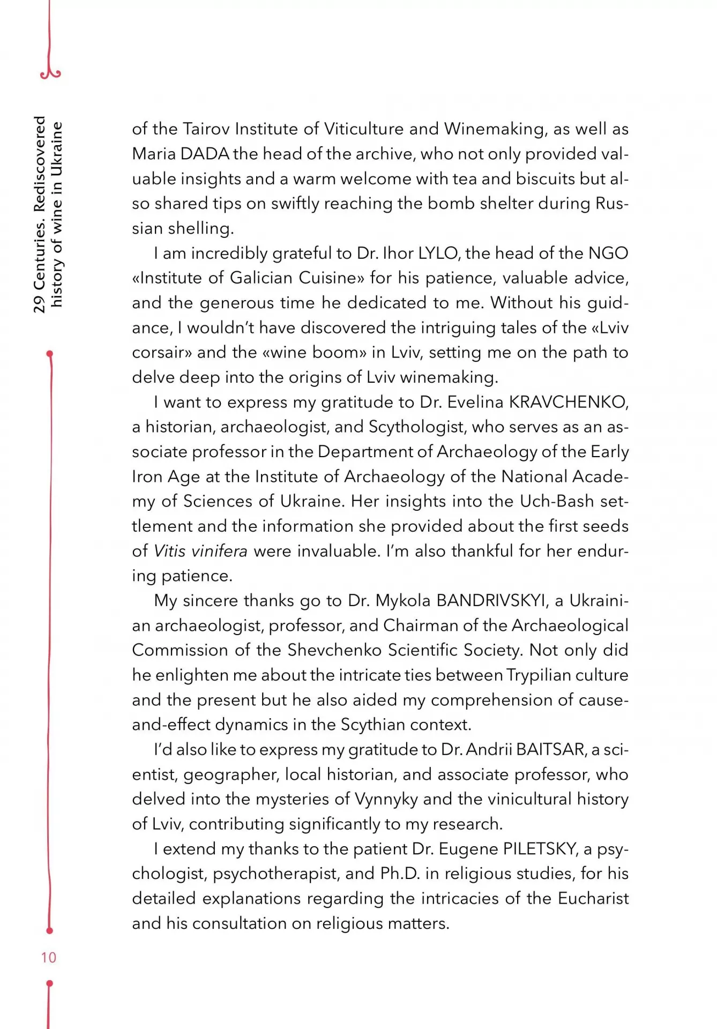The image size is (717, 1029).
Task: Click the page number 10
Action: point(48,957)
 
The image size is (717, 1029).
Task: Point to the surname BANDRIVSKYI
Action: point(491,600)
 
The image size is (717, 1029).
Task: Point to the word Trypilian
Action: point(537,675)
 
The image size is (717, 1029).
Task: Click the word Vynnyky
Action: point(386,799)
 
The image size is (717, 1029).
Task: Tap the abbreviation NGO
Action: point(608,253)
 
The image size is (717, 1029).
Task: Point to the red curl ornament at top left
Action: point(50,71)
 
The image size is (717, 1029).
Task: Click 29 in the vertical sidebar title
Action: point(40,304)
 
